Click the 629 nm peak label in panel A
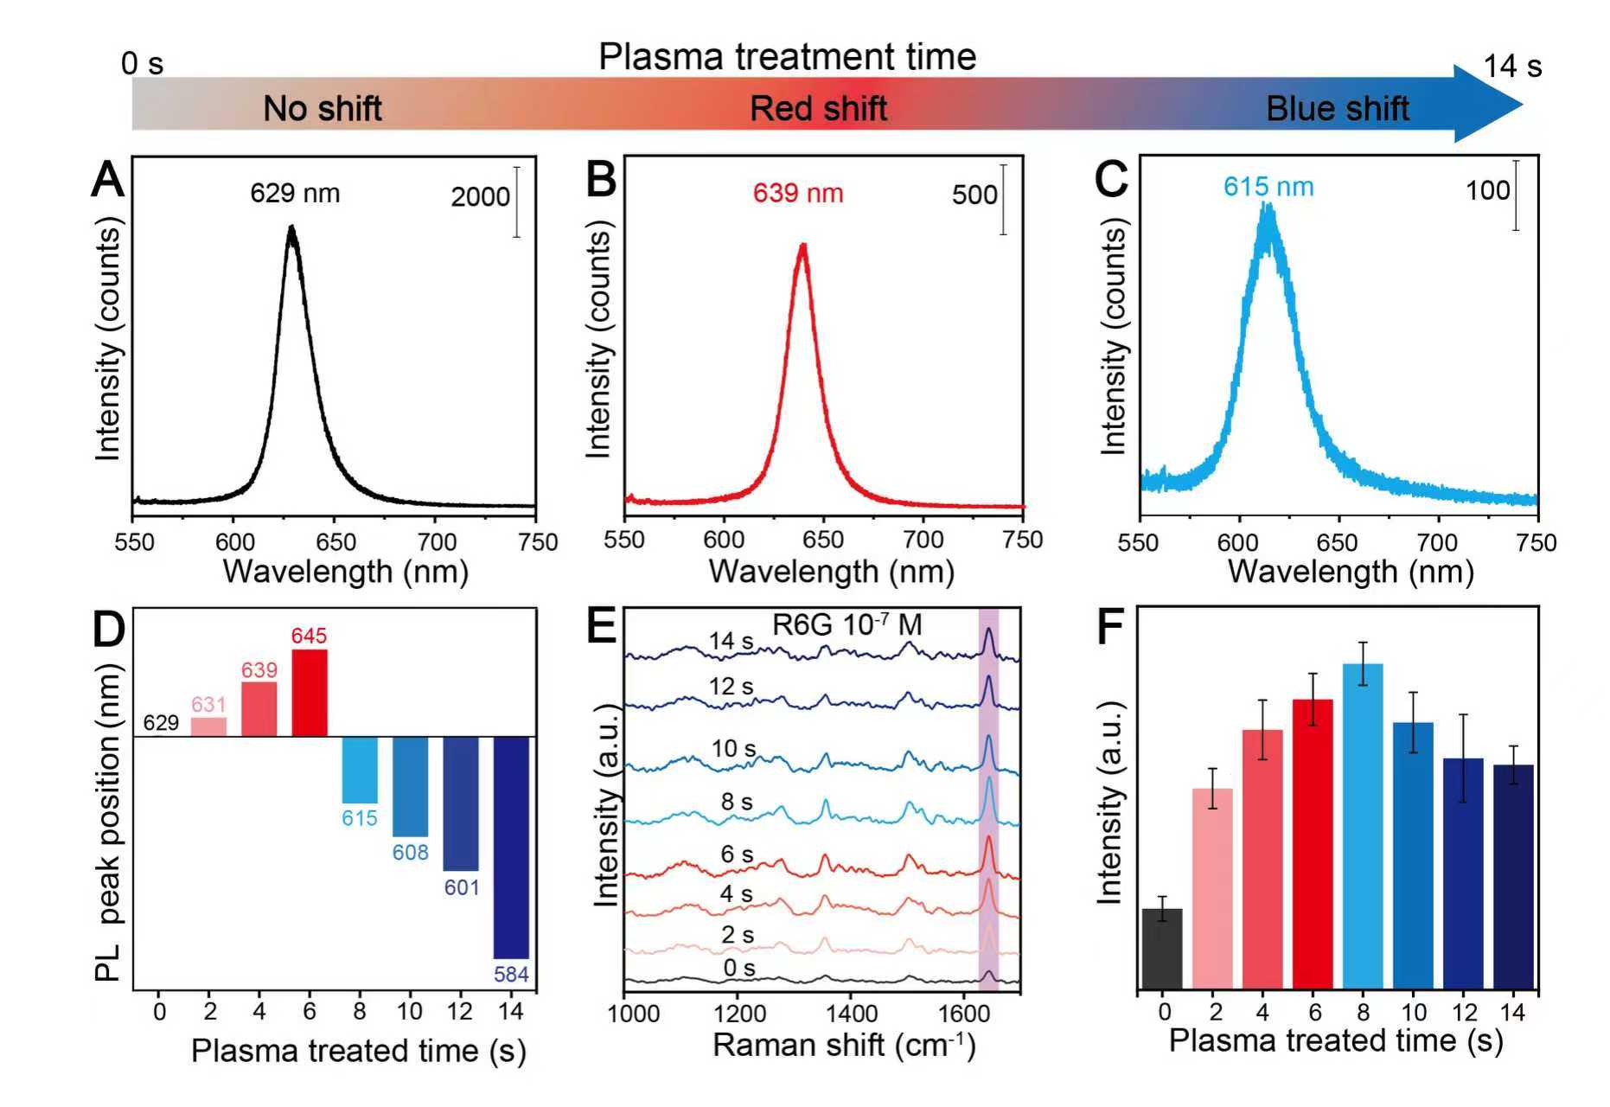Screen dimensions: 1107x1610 [295, 193]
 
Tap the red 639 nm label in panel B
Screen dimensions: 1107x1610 [797, 193]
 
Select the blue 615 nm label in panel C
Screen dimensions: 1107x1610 [1268, 187]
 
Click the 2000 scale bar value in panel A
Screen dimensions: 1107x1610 [480, 197]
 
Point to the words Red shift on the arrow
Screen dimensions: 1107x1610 [818, 109]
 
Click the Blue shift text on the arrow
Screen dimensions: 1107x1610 [1337, 109]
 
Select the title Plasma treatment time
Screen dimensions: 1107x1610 [787, 57]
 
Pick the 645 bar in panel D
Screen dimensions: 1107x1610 [310, 692]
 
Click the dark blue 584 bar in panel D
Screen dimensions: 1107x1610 [511, 847]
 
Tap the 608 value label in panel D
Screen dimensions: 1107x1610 [410, 853]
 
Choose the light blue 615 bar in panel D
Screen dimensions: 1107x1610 [360, 770]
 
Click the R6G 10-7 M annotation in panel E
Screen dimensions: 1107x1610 [847, 624]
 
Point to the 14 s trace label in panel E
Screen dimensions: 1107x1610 [731, 641]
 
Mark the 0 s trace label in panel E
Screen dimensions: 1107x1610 [738, 968]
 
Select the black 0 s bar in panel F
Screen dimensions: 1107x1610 [1162, 948]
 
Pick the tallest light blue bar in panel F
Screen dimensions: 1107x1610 [1363, 825]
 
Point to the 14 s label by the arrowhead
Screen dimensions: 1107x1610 [1511, 67]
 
